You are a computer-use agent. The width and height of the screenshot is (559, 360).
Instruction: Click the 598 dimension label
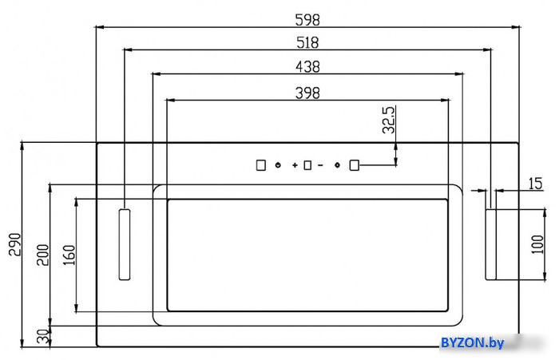pyautogui.click(x=307, y=20)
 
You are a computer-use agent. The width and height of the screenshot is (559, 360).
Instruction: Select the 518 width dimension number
pyautogui.click(x=307, y=43)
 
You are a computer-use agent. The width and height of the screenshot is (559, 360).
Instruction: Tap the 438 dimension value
pyautogui.click(x=307, y=67)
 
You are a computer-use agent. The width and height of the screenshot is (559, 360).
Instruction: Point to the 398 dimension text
pyautogui.click(x=307, y=93)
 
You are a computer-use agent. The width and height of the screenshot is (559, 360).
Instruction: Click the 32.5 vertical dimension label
pyautogui.click(x=389, y=120)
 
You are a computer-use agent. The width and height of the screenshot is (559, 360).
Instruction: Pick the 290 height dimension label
pyautogui.click(x=15, y=244)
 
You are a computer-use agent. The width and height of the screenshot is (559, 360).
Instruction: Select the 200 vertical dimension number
pyautogui.click(x=43, y=255)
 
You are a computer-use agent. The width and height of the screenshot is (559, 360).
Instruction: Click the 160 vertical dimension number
pyautogui.click(x=69, y=255)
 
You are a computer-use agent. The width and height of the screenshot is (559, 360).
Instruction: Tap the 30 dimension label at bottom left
pyautogui.click(x=43, y=336)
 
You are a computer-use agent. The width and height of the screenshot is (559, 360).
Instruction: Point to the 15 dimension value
pyautogui.click(x=535, y=184)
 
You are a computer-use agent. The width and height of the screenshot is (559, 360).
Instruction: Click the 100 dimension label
pyautogui.click(x=537, y=244)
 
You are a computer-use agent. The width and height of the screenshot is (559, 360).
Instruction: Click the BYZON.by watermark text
pyautogui.click(x=473, y=343)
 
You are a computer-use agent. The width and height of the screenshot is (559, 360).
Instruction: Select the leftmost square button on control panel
pyautogui.click(x=261, y=165)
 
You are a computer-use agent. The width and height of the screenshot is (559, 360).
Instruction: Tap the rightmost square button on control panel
pyautogui.click(x=354, y=165)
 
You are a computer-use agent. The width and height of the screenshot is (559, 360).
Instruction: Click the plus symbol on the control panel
pyautogui.click(x=295, y=165)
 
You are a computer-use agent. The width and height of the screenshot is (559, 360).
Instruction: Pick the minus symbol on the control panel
pyautogui.click(x=320, y=165)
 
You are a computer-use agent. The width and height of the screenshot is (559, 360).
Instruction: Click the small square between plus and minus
pyautogui.click(x=307, y=165)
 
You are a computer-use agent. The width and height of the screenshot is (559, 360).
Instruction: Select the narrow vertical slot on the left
pyautogui.click(x=125, y=244)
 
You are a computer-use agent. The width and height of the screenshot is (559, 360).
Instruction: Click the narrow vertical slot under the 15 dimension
pyautogui.click(x=491, y=244)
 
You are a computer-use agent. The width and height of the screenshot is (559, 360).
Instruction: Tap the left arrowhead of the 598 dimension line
pyautogui.click(x=99, y=27)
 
